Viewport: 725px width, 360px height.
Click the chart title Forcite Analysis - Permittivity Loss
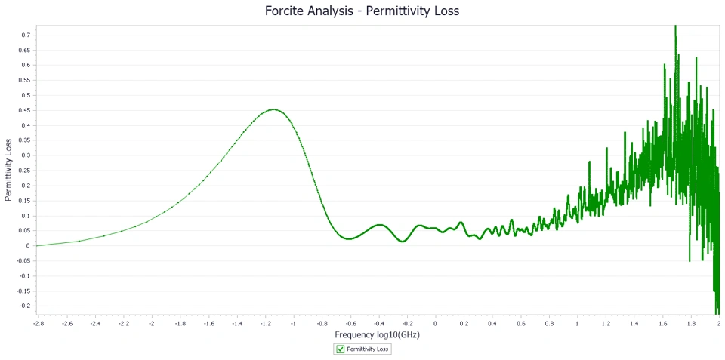(362, 11)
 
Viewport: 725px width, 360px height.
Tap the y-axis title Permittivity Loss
(8, 170)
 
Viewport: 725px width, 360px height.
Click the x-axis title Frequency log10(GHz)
(377, 334)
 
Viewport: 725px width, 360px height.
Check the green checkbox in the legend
(341, 349)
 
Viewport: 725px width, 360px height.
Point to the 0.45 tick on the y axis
(26, 110)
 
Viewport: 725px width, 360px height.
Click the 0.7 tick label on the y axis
(27, 35)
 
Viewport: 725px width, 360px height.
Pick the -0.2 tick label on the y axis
(26, 306)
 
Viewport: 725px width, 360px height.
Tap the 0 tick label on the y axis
(29, 245)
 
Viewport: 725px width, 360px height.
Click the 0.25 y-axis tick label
(26, 171)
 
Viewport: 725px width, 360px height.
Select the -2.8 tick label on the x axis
(38, 323)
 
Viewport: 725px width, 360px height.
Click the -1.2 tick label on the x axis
(265, 323)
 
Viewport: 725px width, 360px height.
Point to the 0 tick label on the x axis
(435, 323)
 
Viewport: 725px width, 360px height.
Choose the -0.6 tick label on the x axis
(350, 323)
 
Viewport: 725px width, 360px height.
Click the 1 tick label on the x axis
(578, 323)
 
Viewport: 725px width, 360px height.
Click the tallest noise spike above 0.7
(675, 26)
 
